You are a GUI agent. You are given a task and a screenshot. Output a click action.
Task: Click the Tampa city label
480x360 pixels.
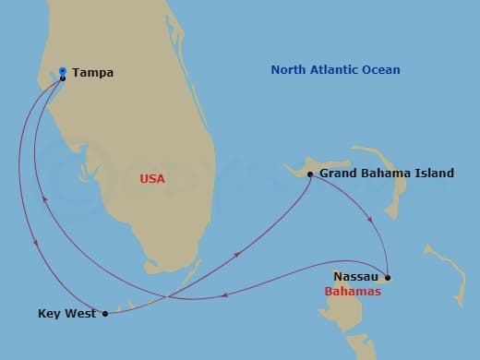tap(92, 72)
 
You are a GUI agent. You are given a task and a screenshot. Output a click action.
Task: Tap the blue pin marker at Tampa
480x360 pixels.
tap(62, 71)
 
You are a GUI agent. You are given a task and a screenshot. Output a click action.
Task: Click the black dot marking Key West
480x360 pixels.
tap(105, 314)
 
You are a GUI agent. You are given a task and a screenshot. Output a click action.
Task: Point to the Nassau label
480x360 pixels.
tap(354, 276)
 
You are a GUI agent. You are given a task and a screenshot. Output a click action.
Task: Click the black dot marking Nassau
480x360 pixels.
tap(388, 277)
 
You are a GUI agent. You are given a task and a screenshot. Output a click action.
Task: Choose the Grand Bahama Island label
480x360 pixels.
tap(386, 173)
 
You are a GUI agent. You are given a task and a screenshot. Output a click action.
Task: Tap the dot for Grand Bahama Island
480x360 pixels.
tap(309, 174)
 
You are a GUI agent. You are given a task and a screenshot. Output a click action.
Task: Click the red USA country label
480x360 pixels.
tap(152, 179)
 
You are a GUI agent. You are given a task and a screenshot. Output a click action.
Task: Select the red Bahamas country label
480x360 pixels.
tap(353, 292)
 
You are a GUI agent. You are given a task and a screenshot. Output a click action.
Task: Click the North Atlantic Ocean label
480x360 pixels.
tap(335, 70)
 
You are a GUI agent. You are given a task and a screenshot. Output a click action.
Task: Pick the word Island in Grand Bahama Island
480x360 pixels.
tap(436, 173)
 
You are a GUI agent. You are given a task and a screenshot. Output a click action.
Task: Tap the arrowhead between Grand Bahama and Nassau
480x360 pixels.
tap(371, 222)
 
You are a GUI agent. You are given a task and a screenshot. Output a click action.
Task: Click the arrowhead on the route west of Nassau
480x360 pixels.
tap(227, 295)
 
